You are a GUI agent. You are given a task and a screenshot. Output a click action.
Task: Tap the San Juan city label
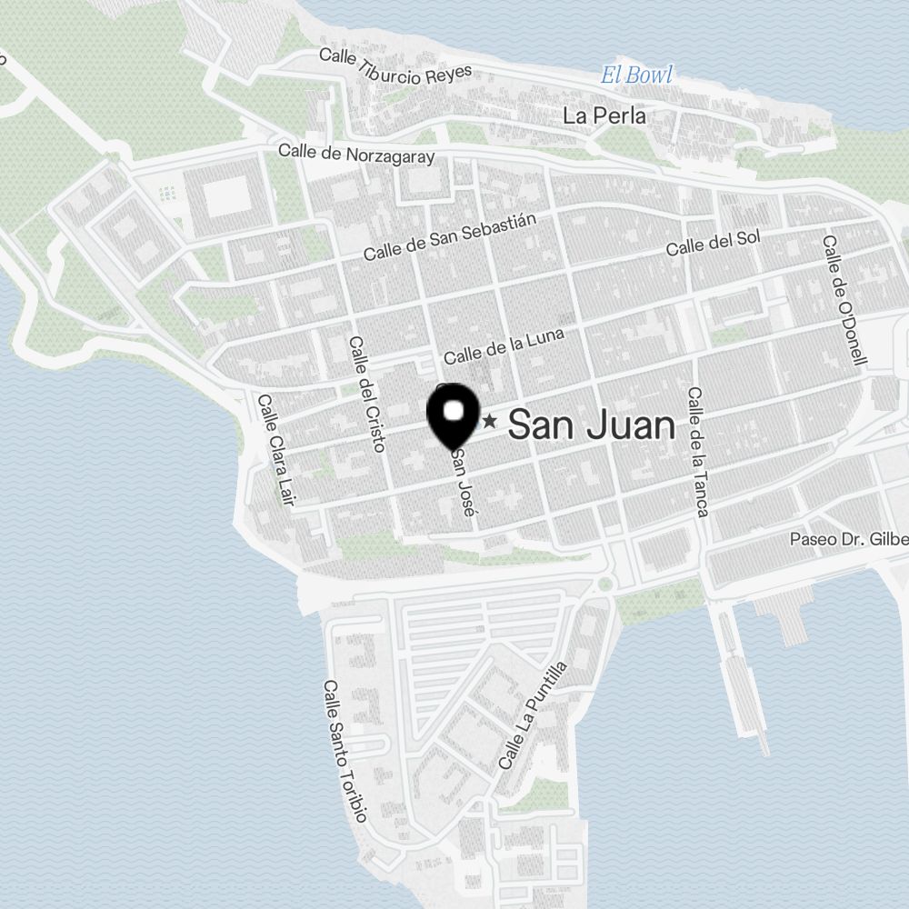[x=592, y=425]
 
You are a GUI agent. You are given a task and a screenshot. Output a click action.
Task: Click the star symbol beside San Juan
[x=490, y=421]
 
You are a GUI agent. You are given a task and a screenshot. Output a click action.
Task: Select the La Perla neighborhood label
[x=604, y=115]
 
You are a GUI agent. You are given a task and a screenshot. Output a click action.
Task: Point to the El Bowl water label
[x=636, y=75]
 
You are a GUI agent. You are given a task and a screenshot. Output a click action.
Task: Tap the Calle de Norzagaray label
[x=356, y=154]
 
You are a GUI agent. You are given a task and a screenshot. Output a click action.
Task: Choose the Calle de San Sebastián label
[x=451, y=238]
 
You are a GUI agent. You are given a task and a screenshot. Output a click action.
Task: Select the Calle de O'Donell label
[x=844, y=301]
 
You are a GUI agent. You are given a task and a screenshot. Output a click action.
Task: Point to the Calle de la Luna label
[x=504, y=346]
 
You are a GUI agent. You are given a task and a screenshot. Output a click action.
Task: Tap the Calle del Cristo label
[x=366, y=394]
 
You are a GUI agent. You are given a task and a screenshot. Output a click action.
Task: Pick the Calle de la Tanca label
[x=698, y=452]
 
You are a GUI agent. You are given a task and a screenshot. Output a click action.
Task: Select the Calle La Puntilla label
[x=534, y=715]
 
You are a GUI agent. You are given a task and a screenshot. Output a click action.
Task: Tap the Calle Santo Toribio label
[x=345, y=752]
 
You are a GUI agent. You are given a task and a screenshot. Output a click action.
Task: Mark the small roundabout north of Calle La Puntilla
[x=604, y=583]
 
